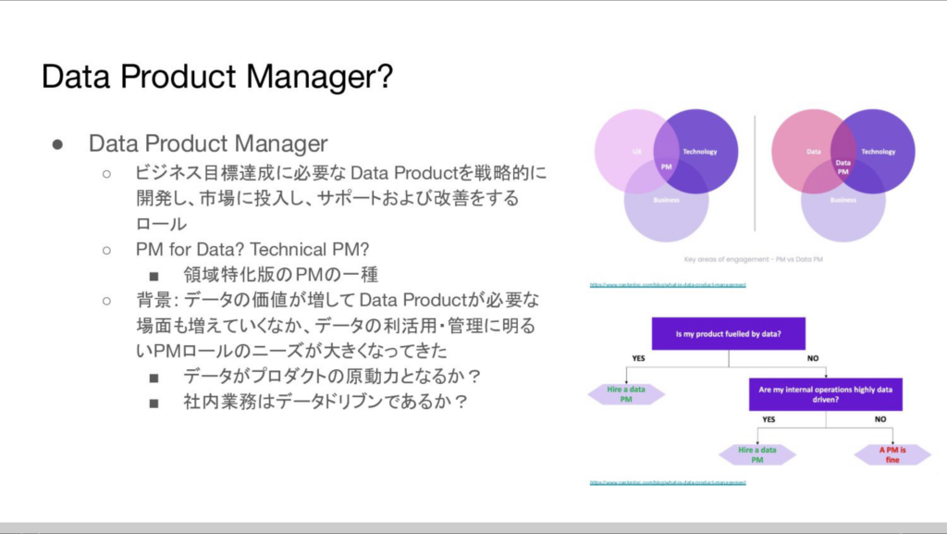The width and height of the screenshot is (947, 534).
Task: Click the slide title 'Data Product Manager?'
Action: coord(217,77)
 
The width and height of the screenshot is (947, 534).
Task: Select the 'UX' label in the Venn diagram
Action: coord(635,152)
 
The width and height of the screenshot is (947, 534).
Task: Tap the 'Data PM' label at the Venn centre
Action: coord(842,167)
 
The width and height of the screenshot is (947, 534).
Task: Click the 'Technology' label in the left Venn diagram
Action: coord(699,152)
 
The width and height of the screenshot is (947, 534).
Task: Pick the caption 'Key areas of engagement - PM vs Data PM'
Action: coord(755,259)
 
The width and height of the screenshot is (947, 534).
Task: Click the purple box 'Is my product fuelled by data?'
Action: coord(728,332)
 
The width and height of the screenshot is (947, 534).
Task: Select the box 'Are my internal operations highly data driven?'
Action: coord(825,393)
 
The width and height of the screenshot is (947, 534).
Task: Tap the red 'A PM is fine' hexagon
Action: coord(892,454)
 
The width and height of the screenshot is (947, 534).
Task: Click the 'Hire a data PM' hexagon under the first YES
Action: coord(626,393)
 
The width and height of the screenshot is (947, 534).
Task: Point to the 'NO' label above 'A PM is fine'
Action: coord(880,418)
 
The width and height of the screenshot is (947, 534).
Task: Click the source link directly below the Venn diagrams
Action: coord(668,284)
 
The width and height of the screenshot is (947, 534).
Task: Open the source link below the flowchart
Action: coord(668,482)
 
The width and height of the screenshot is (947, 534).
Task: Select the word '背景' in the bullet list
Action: coord(153,300)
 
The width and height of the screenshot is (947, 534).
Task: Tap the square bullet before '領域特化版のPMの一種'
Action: coord(154,275)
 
